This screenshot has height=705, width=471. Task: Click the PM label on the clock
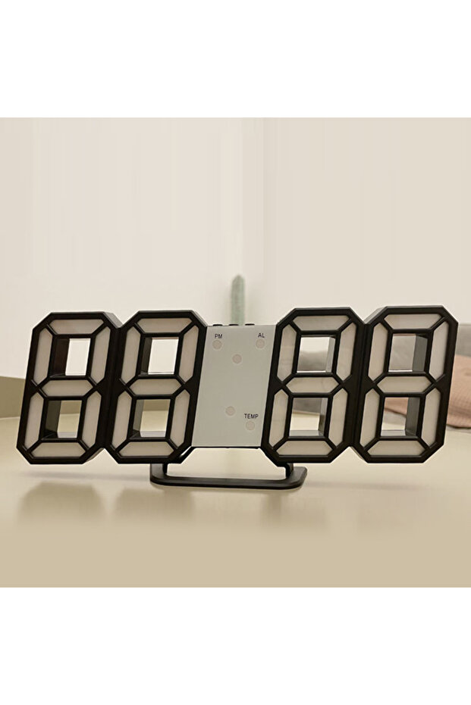(219, 336)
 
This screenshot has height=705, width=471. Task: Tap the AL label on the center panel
(262, 335)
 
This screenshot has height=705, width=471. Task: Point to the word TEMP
(251, 416)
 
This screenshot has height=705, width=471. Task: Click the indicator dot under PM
(218, 345)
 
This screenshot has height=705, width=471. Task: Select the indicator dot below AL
(260, 344)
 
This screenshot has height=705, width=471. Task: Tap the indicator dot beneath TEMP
(250, 426)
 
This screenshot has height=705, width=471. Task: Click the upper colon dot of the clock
(237, 358)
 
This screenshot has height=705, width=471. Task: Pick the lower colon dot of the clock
(231, 410)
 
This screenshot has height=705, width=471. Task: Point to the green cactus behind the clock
(238, 298)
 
